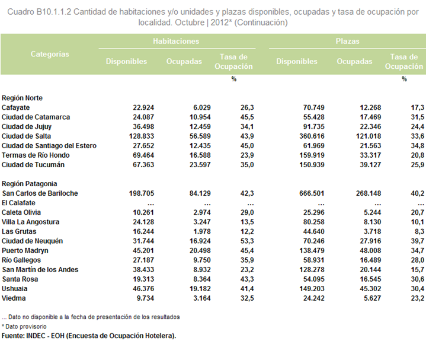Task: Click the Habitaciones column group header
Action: [176, 41]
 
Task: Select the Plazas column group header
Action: [347, 41]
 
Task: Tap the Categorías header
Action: [50, 54]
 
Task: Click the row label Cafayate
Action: [15, 108]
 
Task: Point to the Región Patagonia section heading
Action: [30, 184]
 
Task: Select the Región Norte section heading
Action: [22, 98]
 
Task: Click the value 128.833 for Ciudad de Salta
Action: [142, 136]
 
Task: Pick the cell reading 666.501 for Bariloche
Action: [312, 193]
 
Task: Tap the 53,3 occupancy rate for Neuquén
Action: [247, 241]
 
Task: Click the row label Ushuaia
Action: [14, 289]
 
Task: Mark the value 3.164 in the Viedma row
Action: [202, 298]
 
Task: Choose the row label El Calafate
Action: [18, 203]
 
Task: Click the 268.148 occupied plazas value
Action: [369, 193]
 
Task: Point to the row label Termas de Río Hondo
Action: [36, 155]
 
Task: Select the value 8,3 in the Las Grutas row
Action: [419, 232]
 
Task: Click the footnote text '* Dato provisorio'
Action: [24, 327]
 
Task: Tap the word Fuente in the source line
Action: [13, 336]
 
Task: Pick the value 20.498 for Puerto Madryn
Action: [200, 251]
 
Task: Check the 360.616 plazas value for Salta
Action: [312, 136]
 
